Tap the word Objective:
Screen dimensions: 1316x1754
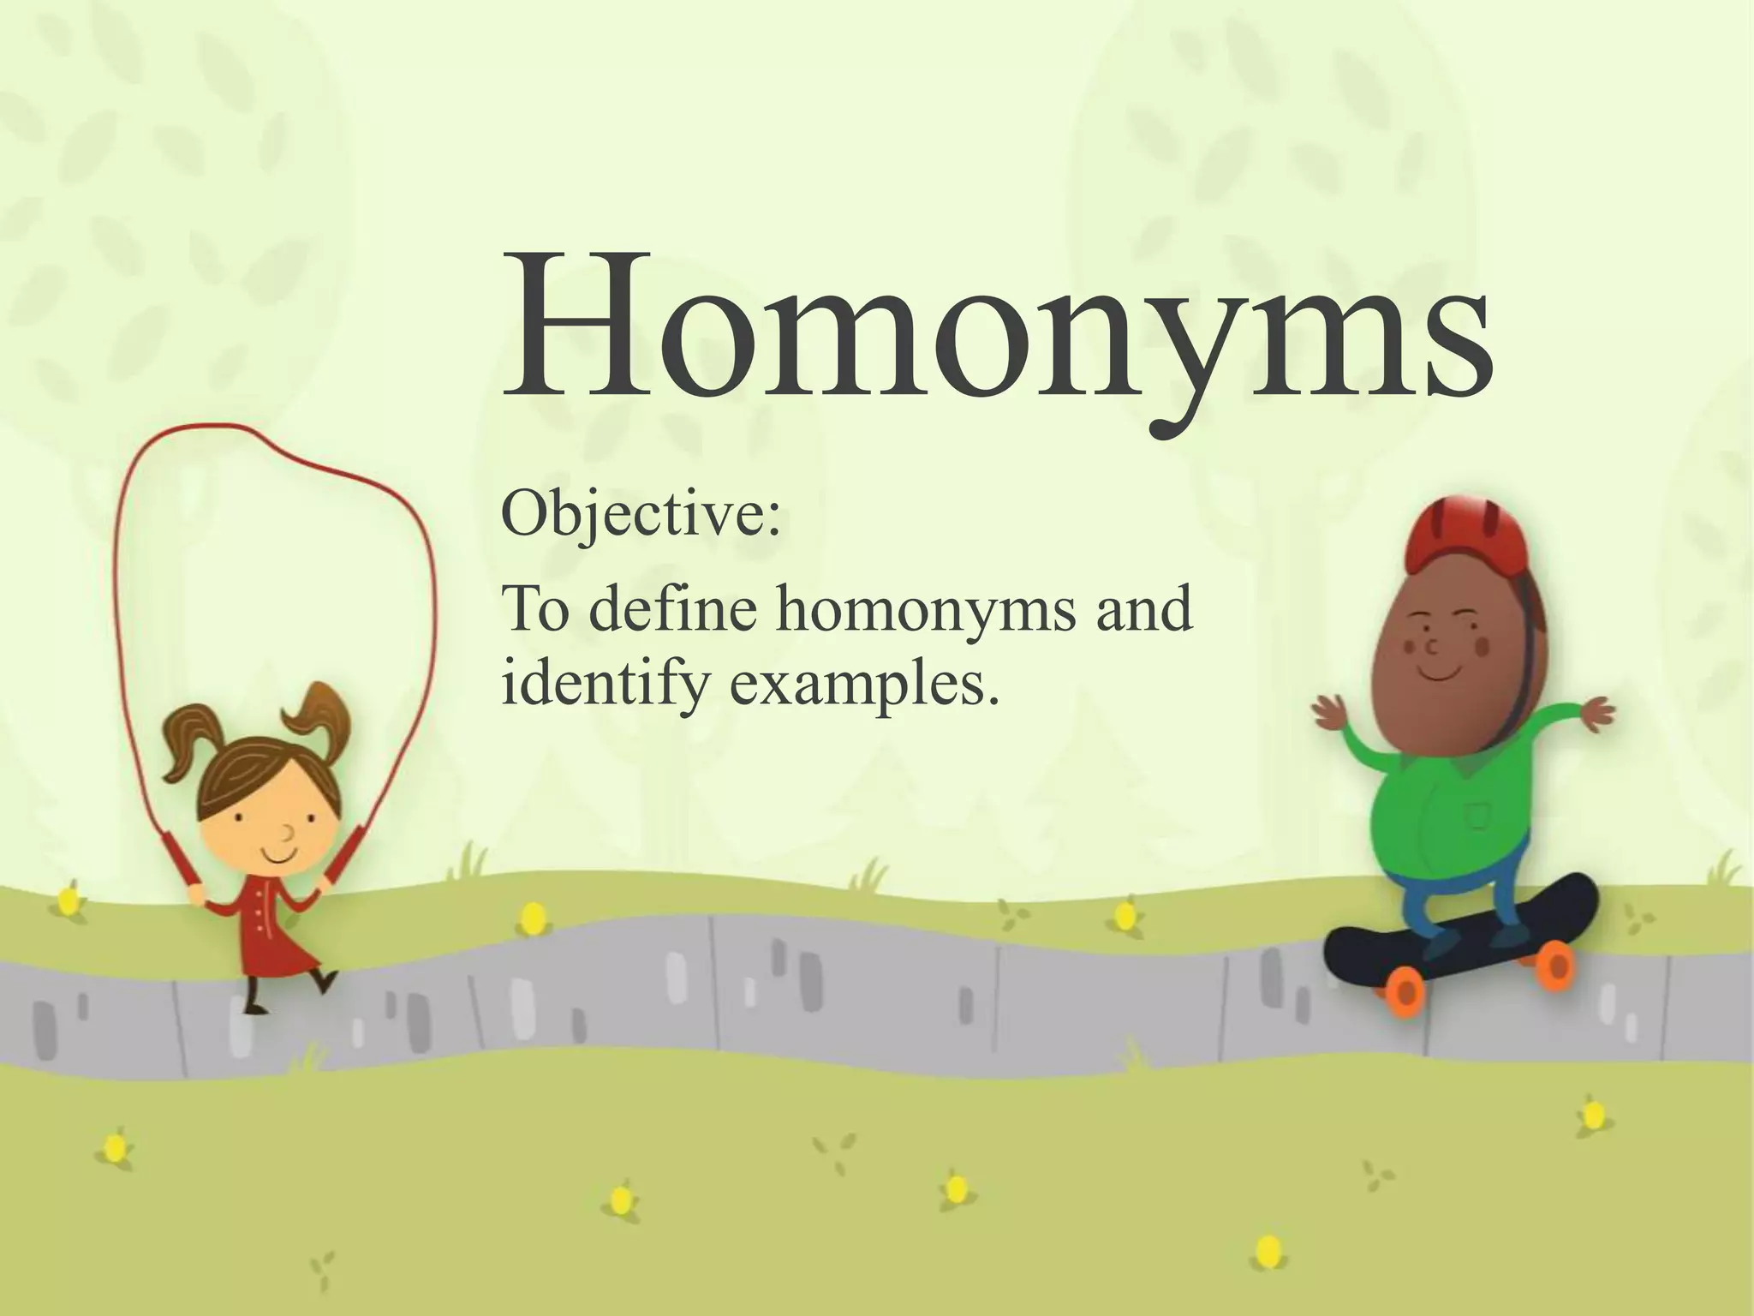[641, 516]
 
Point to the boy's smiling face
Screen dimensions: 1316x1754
[1439, 651]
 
